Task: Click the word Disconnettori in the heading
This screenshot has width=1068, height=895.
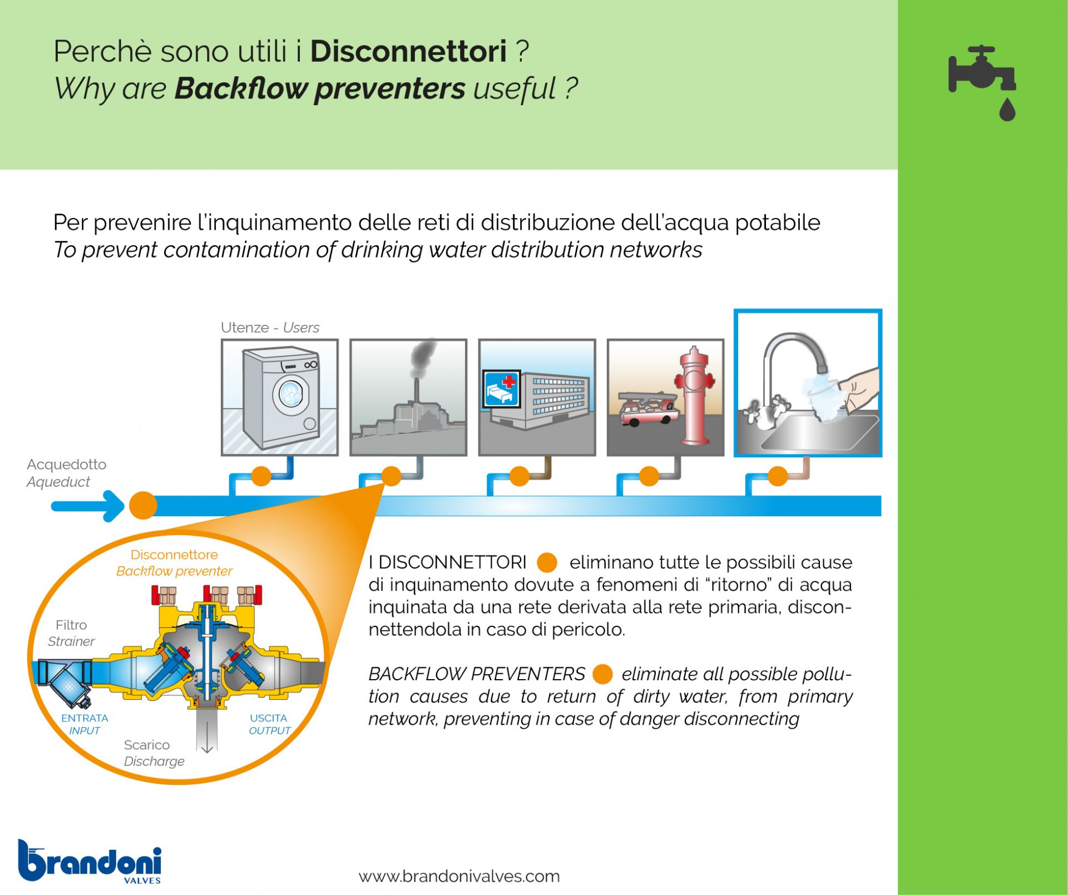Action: (x=408, y=51)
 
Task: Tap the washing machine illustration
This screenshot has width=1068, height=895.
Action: (x=281, y=397)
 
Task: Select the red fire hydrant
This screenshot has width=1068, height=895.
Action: (x=694, y=395)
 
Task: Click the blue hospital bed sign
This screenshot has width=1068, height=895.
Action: (x=501, y=389)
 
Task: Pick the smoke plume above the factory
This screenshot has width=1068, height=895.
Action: (x=423, y=358)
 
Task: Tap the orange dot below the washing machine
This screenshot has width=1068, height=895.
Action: (x=261, y=476)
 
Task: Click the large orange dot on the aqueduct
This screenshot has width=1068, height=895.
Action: (x=143, y=506)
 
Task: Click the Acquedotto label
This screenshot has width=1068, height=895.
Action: (x=66, y=464)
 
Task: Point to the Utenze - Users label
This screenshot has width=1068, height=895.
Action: (x=270, y=328)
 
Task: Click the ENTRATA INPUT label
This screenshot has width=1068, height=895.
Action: (x=85, y=724)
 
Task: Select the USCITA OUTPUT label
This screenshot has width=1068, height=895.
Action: (x=269, y=724)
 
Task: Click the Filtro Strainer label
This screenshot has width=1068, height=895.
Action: (x=71, y=633)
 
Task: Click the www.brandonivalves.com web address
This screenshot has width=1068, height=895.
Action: (x=459, y=877)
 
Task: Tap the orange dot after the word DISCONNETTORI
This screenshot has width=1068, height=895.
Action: (x=547, y=562)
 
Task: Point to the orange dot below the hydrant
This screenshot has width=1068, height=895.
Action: (x=649, y=476)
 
